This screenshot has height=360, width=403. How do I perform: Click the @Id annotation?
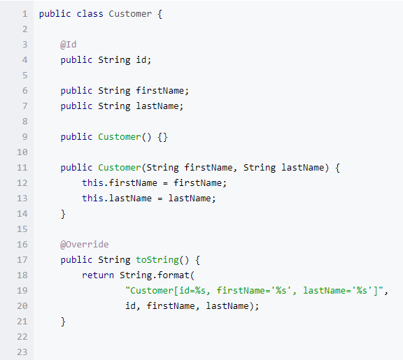point(68,45)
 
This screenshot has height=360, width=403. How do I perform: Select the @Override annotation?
point(84,245)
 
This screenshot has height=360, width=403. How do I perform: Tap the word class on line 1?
point(90,14)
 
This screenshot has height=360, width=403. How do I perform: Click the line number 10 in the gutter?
point(22,152)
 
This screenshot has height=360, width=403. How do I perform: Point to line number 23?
point(22,352)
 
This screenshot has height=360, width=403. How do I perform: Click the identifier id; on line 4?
point(143,60)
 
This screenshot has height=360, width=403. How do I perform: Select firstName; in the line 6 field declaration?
point(162,91)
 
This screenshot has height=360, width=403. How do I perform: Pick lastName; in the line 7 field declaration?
point(160,106)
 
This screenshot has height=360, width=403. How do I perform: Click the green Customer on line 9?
point(120,137)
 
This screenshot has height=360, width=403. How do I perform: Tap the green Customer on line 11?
point(120,168)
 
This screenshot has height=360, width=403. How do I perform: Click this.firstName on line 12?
point(120,183)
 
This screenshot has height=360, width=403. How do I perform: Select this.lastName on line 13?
point(117,199)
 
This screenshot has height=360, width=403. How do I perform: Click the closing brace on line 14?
point(63,214)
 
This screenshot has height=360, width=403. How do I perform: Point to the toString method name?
point(157,260)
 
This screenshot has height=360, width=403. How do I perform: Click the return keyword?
point(98,275)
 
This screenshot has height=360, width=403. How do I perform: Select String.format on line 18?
point(155,275)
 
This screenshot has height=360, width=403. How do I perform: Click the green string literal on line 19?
point(255,291)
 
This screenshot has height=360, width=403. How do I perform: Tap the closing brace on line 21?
point(63,322)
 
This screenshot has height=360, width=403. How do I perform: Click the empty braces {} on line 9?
point(163,137)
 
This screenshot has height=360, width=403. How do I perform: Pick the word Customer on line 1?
point(130,14)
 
